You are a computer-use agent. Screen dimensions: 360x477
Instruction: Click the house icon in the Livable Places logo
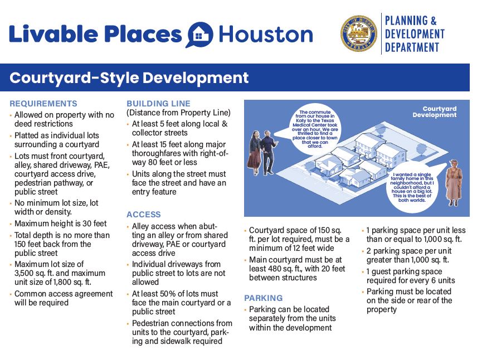199,35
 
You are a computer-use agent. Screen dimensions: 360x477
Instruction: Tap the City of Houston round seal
358,34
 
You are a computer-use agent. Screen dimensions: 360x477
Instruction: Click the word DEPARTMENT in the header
412,47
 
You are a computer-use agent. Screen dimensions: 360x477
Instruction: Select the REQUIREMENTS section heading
43,104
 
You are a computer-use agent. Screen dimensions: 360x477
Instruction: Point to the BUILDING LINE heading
158,104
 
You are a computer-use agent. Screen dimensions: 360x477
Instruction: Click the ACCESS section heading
144,215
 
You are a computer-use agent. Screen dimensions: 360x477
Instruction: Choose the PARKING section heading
264,298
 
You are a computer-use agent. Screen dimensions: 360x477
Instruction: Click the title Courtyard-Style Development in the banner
129,77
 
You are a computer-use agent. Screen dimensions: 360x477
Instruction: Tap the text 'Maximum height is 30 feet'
60,224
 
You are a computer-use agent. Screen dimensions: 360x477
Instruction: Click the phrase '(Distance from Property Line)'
178,113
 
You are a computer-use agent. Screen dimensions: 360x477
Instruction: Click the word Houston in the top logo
266,35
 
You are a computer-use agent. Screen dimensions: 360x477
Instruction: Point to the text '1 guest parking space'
404,272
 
